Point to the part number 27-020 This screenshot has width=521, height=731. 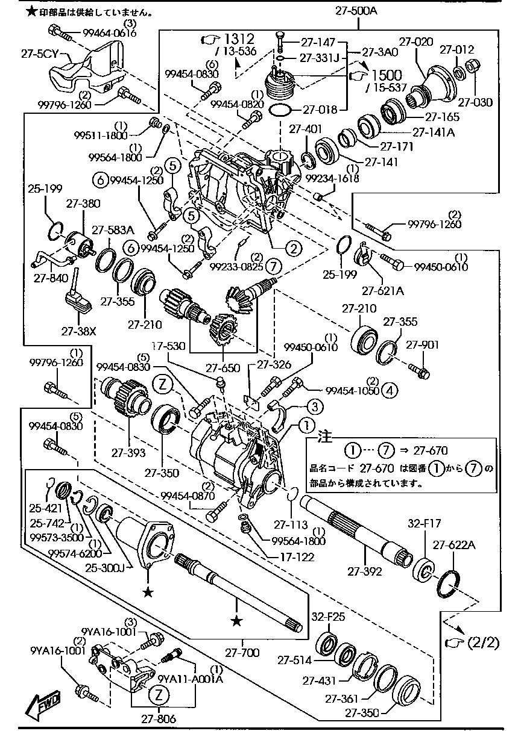tap(416, 42)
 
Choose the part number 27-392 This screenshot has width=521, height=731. tap(365, 571)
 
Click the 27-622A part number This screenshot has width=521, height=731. tap(459, 546)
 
